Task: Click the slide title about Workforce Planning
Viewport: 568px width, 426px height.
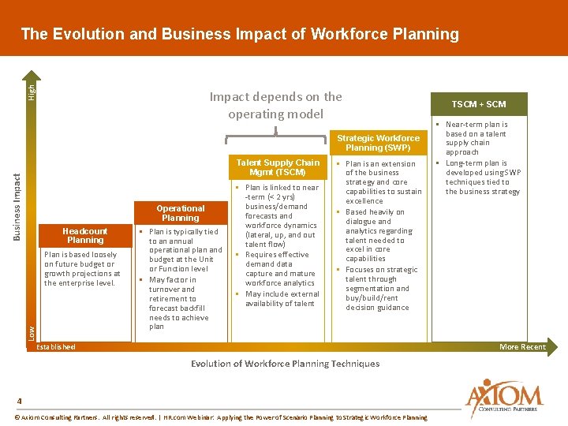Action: click(240, 34)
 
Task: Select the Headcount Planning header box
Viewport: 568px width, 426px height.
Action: click(85, 235)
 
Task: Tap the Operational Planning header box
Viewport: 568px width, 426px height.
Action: click(180, 213)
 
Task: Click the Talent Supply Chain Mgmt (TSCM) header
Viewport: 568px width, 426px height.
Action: click(278, 167)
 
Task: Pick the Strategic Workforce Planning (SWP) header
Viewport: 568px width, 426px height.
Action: click(379, 143)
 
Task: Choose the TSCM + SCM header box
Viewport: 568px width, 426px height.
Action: click(479, 104)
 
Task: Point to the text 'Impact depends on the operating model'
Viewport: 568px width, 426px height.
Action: click(275, 105)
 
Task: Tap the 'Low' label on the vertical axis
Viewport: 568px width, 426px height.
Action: click(32, 333)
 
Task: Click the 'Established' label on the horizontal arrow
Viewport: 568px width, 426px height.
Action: click(57, 347)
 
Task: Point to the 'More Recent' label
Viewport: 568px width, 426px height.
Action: click(522, 347)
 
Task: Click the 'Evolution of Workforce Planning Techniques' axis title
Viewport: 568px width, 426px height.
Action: click(285, 364)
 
